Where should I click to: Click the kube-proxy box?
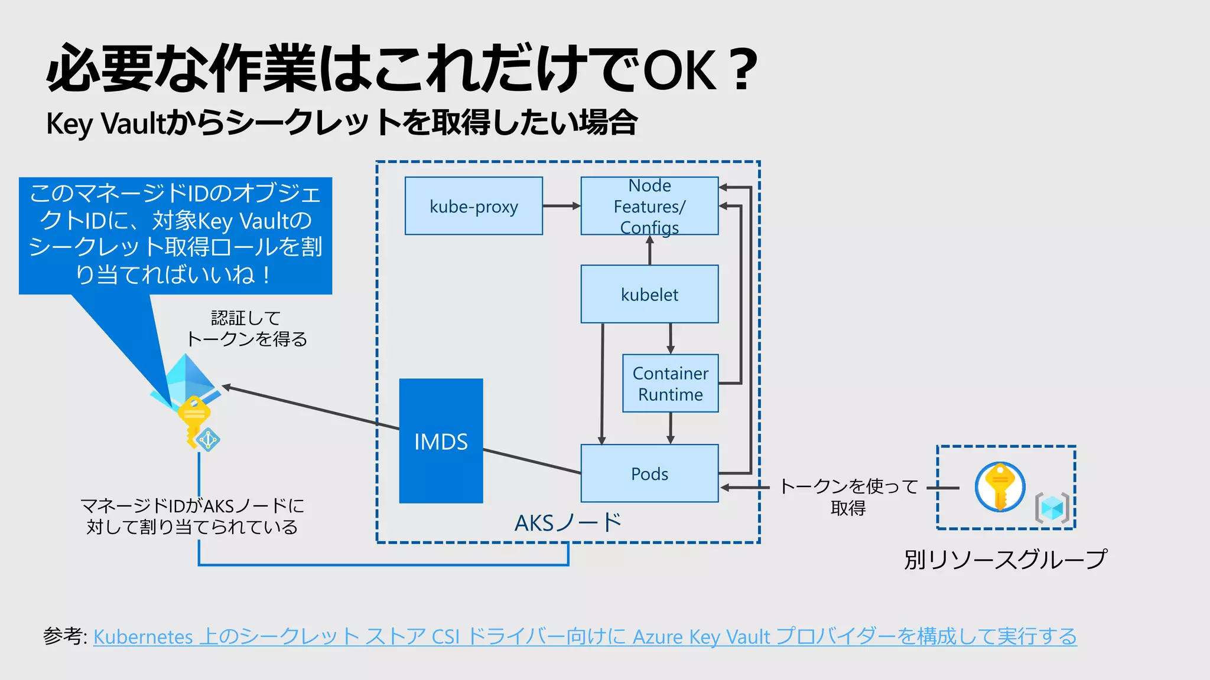473,206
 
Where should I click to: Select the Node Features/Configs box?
649,206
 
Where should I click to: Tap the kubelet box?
649,294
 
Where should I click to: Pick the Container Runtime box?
670,383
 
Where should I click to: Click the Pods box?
649,473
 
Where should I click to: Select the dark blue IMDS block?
441,441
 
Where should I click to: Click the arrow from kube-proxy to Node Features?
561,206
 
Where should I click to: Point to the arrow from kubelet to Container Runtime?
670,338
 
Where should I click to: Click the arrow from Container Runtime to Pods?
670,428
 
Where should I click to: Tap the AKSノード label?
568,522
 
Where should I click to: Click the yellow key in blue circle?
1000,486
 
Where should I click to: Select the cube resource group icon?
1052,508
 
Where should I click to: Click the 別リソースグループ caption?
1005,559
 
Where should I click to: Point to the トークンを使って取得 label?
848,496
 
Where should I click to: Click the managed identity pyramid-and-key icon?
189,401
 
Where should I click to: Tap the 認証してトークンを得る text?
246,329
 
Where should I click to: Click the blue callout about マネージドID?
175,235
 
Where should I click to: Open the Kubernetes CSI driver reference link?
584,636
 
